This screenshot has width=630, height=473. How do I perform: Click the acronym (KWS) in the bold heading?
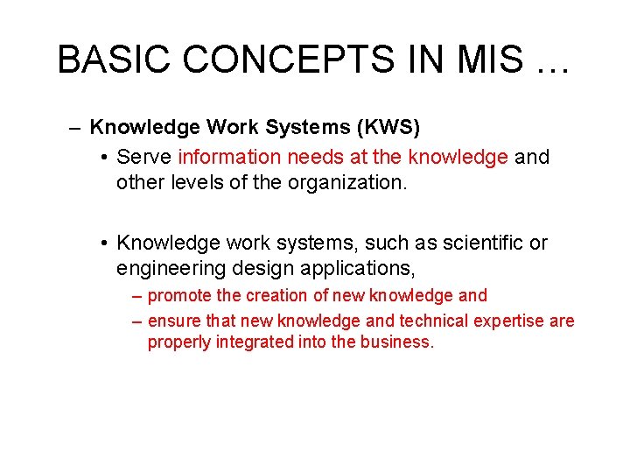388,128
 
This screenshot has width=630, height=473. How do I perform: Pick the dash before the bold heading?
77,129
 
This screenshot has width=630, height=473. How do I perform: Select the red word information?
229,158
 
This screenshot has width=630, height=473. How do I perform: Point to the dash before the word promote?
136,297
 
